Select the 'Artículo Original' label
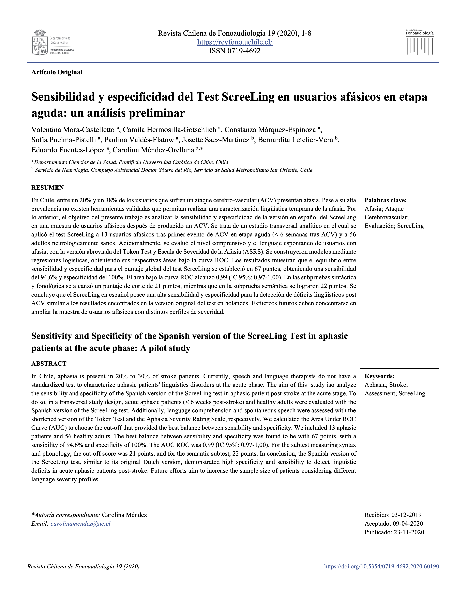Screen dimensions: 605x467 (x=57, y=72)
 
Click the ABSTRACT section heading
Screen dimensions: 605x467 (x=49, y=363)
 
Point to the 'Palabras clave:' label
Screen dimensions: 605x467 (x=385, y=200)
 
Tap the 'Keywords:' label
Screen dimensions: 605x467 (x=379, y=376)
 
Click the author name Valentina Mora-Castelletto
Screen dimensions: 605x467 (x=73, y=130)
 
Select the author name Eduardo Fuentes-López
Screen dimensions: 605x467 (x=68, y=150)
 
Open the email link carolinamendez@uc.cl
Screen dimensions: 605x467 (x=81, y=524)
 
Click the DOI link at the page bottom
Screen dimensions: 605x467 (x=381, y=566)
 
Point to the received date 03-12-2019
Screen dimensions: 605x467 (x=406, y=515)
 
